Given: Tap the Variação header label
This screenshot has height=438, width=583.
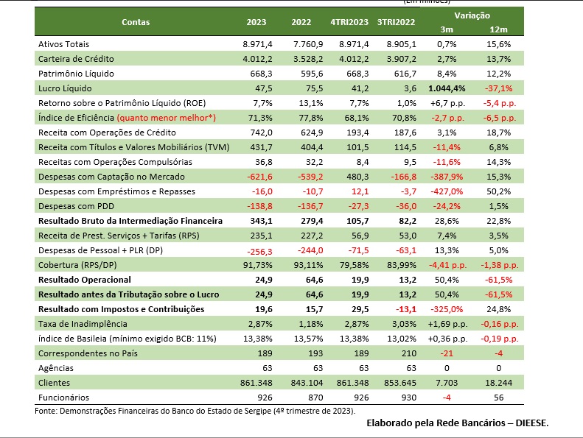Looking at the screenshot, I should tap(472, 15).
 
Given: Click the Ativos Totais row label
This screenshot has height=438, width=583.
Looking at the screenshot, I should tap(64, 45).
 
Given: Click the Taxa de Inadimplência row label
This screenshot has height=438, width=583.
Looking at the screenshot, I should tap(83, 324).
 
